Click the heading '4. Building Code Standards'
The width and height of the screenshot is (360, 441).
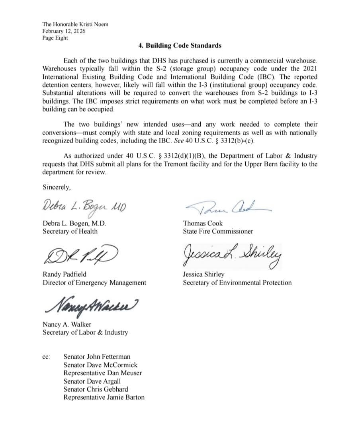point(180,45)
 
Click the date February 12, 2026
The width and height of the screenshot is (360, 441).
point(64,31)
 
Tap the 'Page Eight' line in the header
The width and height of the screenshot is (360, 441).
point(55,38)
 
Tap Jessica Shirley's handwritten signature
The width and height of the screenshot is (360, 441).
point(233,255)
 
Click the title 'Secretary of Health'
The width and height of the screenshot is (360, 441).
point(70,231)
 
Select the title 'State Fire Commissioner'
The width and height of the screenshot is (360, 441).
point(218,231)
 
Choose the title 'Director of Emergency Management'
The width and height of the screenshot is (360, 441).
point(94,283)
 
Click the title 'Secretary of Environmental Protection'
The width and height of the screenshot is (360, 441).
point(237,283)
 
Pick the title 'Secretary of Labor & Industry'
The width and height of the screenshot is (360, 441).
point(85,332)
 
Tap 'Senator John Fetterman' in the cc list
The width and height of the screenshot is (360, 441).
point(97,357)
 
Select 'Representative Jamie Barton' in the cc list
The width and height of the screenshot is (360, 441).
point(104,397)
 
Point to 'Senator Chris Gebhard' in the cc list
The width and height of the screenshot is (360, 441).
point(96,389)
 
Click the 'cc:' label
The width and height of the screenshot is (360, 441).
point(46,357)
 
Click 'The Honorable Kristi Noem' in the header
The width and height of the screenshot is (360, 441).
point(75,24)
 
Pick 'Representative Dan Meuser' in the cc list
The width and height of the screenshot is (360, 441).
point(102,373)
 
